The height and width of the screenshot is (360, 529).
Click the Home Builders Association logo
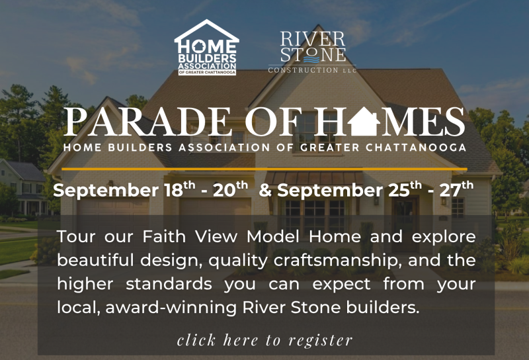206,47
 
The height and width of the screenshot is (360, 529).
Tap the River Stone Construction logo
312,52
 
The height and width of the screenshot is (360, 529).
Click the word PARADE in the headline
147,122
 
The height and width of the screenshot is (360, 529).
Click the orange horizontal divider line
264,169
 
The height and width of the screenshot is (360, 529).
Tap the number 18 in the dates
174,191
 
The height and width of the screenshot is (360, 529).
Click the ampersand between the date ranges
266,191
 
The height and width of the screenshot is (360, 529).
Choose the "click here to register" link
265,340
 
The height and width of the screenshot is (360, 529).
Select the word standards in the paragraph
169,284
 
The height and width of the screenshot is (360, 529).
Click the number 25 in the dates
399,191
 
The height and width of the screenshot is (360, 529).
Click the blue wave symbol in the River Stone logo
311,60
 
